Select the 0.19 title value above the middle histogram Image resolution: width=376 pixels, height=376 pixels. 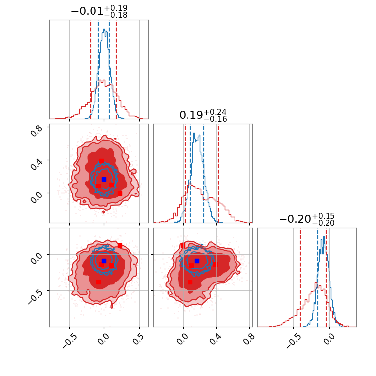point(190,115)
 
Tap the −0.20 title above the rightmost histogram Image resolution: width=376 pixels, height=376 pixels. point(294,219)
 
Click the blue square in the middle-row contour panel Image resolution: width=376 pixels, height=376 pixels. point(104,179)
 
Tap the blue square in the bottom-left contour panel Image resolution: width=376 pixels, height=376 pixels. point(104,261)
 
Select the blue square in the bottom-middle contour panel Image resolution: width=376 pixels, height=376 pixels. point(197,261)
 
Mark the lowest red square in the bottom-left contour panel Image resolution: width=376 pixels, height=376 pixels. point(98,282)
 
